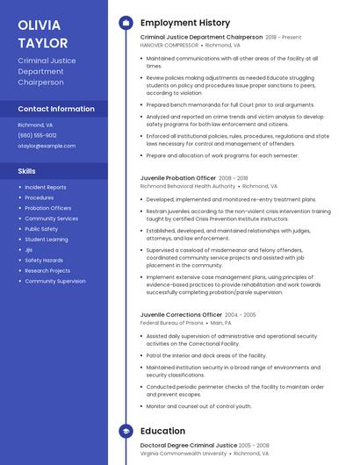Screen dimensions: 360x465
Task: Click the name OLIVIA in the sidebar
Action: point(40,25)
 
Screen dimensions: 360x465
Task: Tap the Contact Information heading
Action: point(56,109)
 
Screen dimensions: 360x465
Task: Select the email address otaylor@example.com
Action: point(47,146)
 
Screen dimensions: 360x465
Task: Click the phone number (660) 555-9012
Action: point(37,135)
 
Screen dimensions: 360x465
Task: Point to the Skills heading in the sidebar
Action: point(26,171)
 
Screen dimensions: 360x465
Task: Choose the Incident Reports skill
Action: point(45,187)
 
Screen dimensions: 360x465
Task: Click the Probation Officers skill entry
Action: point(48,208)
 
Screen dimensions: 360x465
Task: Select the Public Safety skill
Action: point(41,229)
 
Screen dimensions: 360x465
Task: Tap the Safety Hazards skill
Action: point(44,261)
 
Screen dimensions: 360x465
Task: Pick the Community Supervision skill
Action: point(55,282)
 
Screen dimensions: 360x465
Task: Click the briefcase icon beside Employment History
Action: point(126,22)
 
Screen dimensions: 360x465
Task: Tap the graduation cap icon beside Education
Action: point(126,432)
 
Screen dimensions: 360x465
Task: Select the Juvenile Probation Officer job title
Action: point(178,178)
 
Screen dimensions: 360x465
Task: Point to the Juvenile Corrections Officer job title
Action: point(181,314)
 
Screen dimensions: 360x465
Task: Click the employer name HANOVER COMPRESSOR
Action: point(169,45)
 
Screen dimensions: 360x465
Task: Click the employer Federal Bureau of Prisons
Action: point(169,323)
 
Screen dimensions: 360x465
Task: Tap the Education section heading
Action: point(162,432)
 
